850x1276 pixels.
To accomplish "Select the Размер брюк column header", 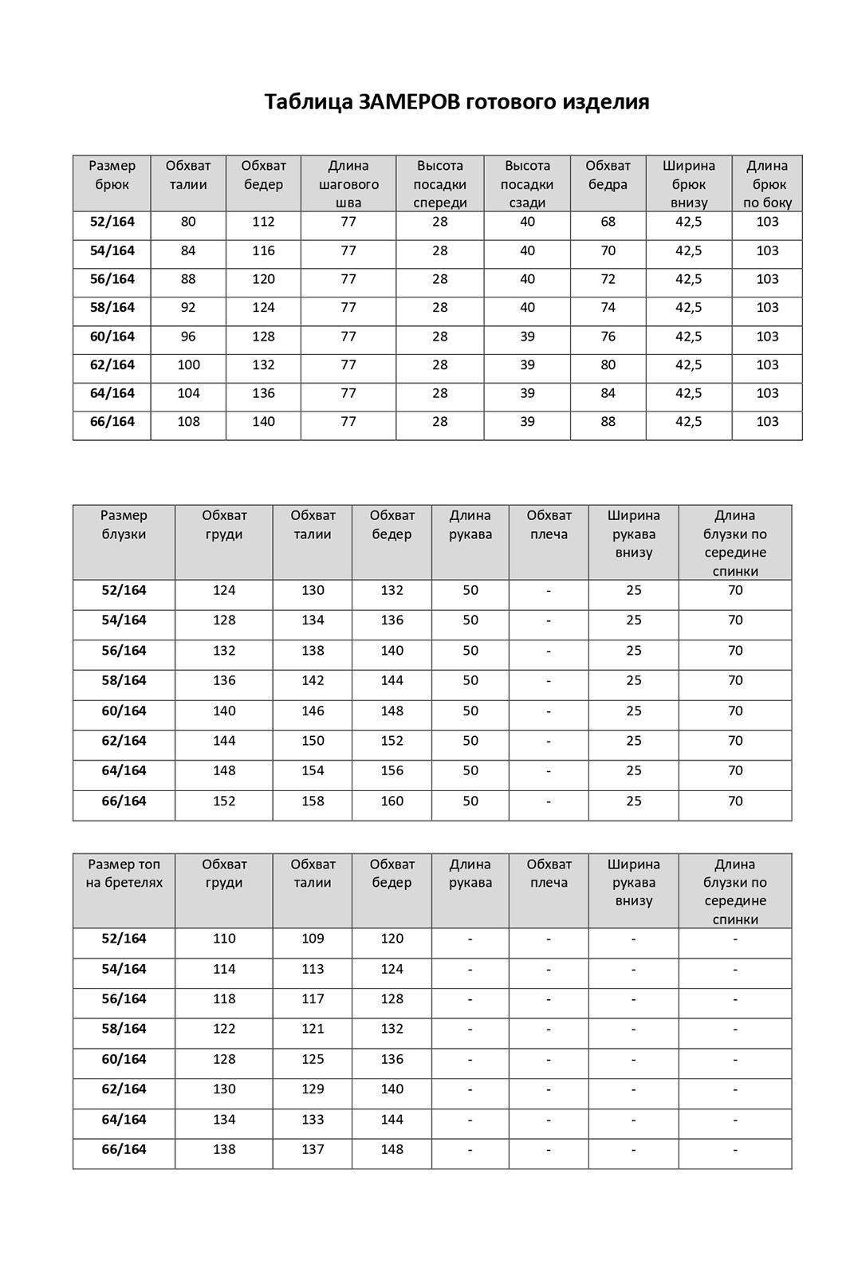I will (x=112, y=175).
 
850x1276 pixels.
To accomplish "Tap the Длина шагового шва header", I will (x=348, y=183).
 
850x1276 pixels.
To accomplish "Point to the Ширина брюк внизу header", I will (x=689, y=183).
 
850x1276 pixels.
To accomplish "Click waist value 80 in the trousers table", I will (x=188, y=222).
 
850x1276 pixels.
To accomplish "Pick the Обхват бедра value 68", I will (x=608, y=222).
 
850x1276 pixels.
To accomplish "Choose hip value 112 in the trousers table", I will (x=263, y=222).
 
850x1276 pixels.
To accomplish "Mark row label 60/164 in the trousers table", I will (x=112, y=337).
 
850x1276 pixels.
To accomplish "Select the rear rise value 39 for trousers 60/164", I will (x=527, y=337).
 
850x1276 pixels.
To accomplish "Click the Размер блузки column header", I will (x=124, y=525).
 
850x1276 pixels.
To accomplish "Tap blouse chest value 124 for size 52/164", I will (x=224, y=591).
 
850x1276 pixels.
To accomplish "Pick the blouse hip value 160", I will (x=392, y=801).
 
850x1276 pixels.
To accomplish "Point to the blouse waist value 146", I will (x=313, y=711).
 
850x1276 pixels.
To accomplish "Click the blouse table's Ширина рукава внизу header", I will (x=634, y=534).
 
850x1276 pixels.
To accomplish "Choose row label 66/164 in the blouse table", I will (x=124, y=801).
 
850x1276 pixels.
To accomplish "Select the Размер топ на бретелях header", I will (x=124, y=873).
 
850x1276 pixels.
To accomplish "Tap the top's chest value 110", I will (x=224, y=939).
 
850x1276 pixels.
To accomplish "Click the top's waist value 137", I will (x=313, y=1150).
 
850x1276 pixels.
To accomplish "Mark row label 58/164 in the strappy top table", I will (x=124, y=1030).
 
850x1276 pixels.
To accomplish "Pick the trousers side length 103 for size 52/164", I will (x=767, y=222).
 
